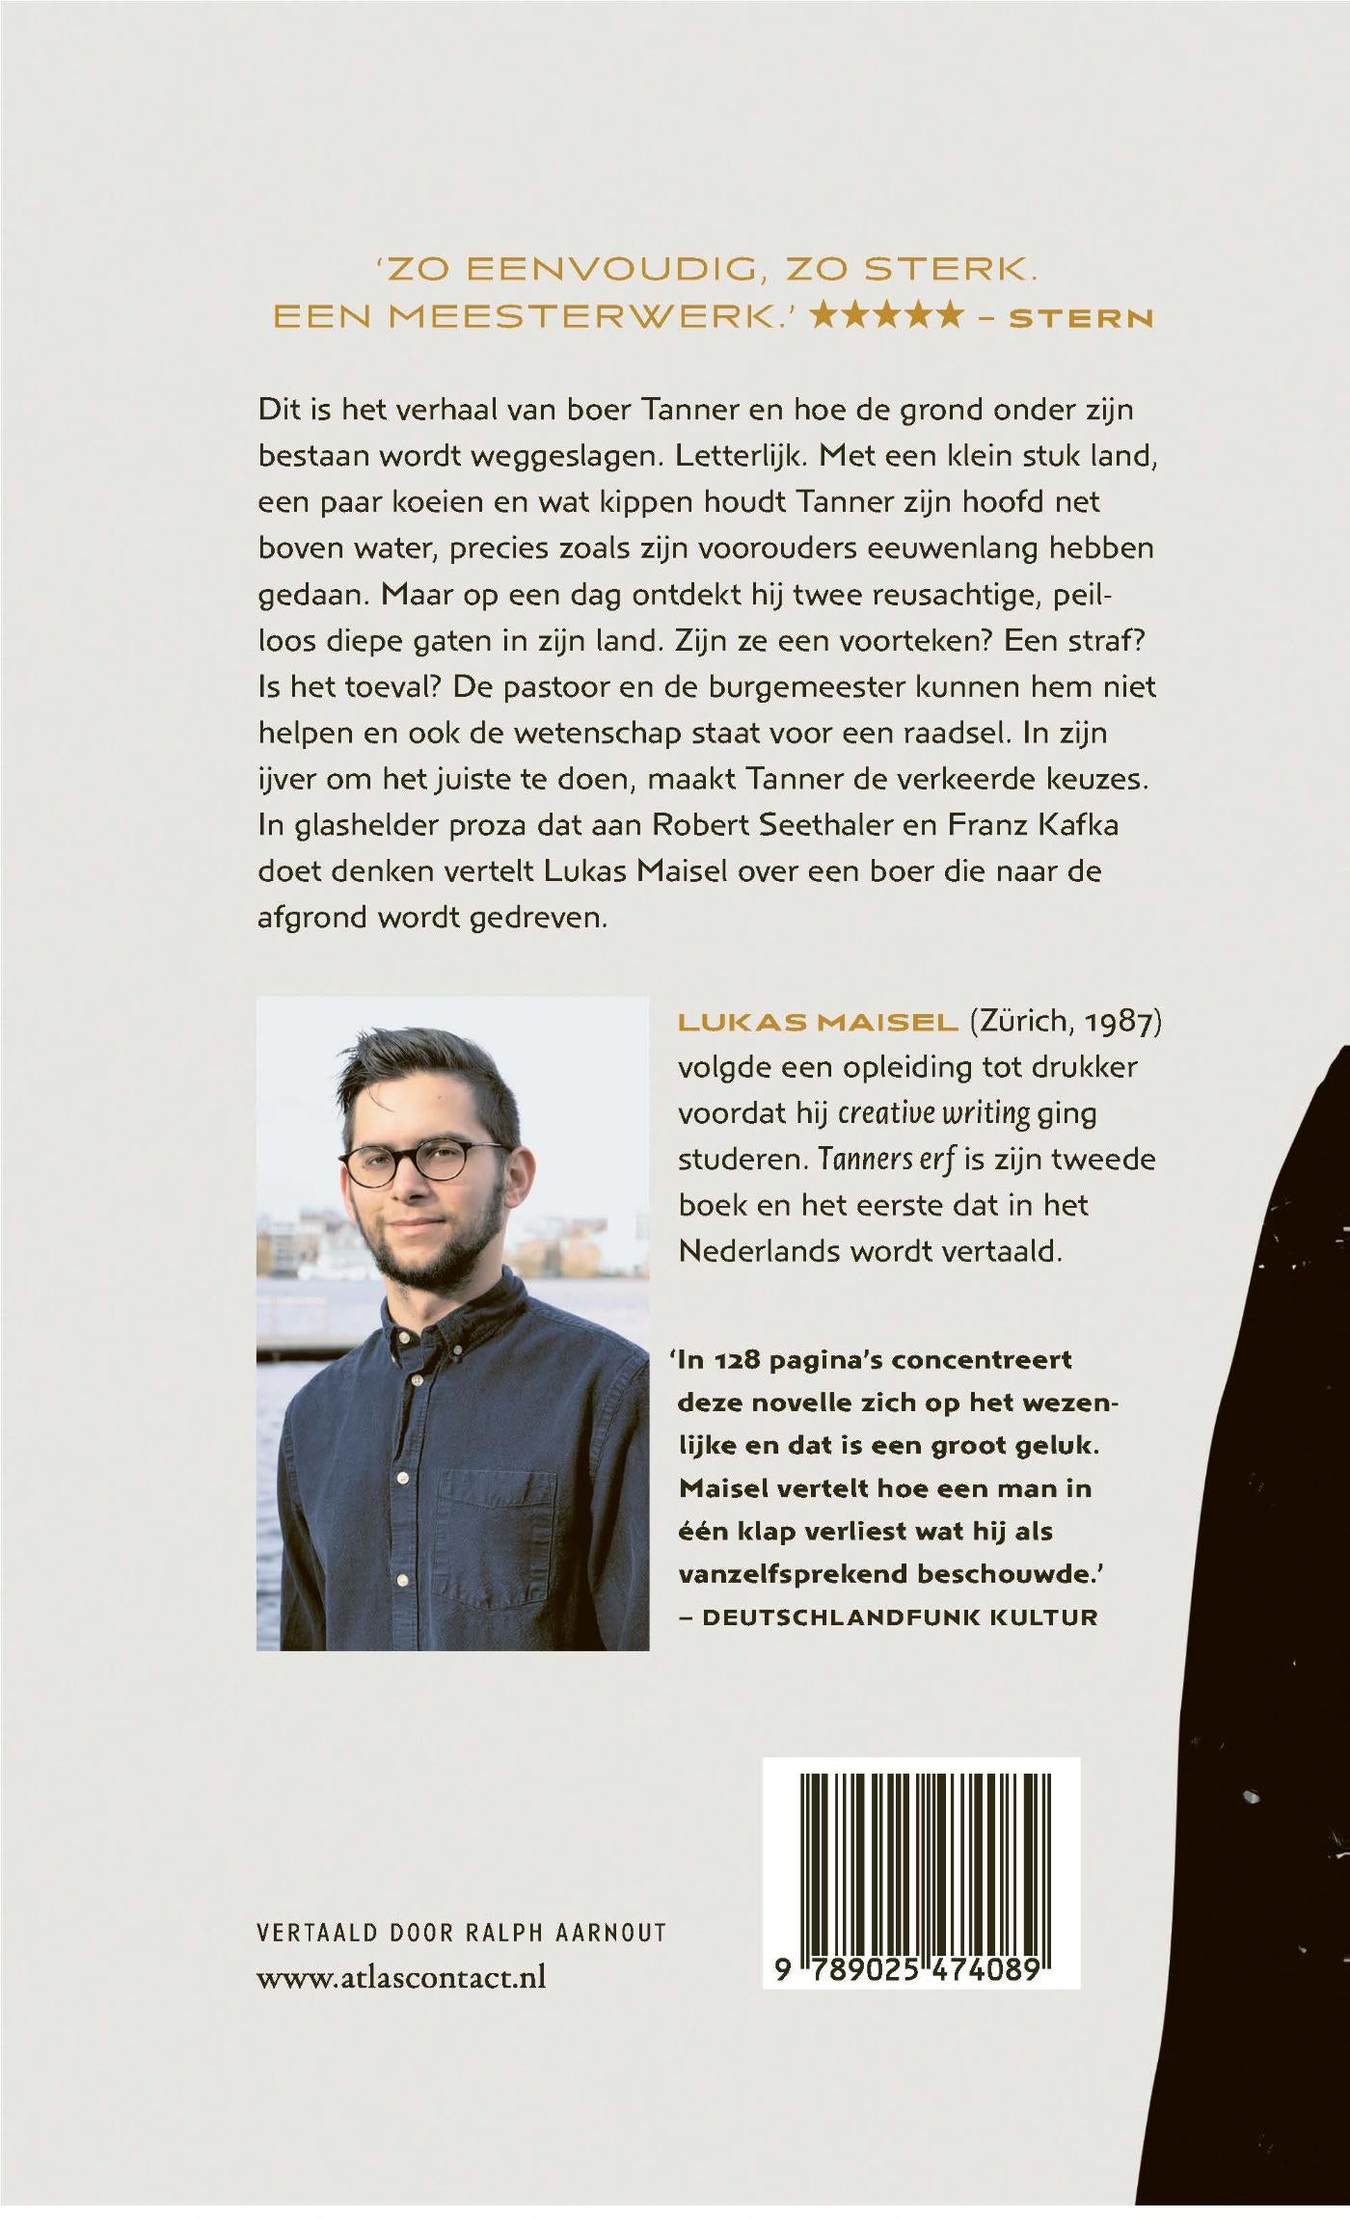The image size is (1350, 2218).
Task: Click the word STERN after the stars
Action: coord(1080,318)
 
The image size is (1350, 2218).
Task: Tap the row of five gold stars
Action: coord(887,315)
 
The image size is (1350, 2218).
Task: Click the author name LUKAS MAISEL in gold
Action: coord(818,1024)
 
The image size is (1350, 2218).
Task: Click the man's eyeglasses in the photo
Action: coord(424,1163)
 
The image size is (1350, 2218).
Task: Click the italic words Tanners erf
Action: coord(886,1159)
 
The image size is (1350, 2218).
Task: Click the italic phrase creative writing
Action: coord(933,1113)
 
